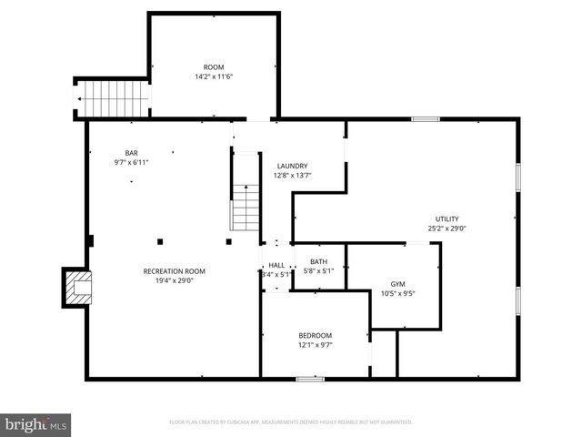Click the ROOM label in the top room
[213, 66]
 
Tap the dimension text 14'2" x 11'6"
[213, 76]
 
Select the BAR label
[131, 152]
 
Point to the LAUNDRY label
[292, 165]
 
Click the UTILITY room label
[447, 218]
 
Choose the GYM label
[397, 283]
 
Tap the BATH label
[318, 261]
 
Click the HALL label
[276, 264]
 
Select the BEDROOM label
[316, 335]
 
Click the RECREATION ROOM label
[174, 270]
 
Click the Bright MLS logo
[36, 424]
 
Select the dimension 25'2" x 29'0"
[447, 229]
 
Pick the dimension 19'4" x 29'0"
[174, 280]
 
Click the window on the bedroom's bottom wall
[310, 379]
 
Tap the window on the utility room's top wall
[425, 119]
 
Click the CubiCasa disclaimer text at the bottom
[291, 422]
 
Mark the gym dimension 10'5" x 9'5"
[397, 293]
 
